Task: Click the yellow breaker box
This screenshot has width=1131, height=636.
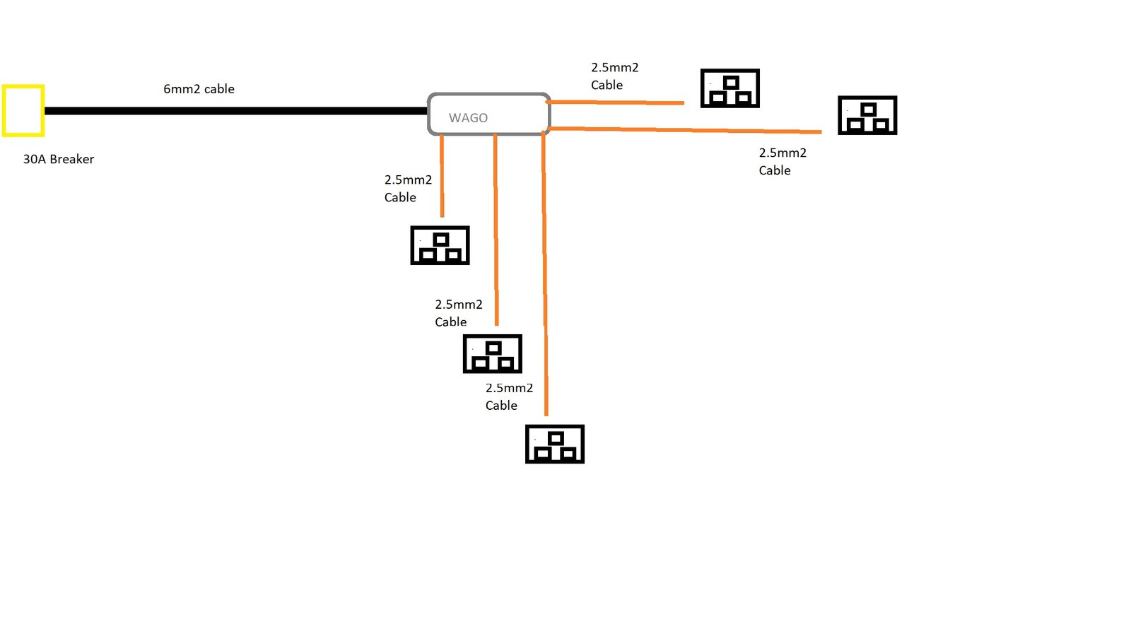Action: [23, 110]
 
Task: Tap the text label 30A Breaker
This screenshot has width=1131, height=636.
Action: [59, 159]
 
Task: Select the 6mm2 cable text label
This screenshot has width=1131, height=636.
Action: [199, 89]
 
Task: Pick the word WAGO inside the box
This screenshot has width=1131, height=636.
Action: [468, 118]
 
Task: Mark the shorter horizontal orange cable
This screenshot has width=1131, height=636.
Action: [615, 102]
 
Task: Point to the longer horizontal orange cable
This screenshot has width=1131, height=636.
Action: [686, 130]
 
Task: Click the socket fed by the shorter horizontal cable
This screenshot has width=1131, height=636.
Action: [729, 88]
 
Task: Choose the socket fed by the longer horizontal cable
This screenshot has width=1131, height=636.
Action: [867, 115]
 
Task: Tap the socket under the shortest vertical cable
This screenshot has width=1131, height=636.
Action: [440, 245]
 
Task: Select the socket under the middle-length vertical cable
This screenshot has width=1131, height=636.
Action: [492, 353]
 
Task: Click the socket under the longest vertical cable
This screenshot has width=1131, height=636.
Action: [555, 444]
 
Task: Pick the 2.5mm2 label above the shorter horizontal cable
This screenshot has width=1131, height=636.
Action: [614, 76]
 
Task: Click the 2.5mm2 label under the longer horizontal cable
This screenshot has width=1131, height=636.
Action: [782, 161]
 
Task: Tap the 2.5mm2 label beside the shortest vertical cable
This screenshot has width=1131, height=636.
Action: [408, 188]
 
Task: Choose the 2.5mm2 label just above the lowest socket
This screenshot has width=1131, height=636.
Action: [509, 396]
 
